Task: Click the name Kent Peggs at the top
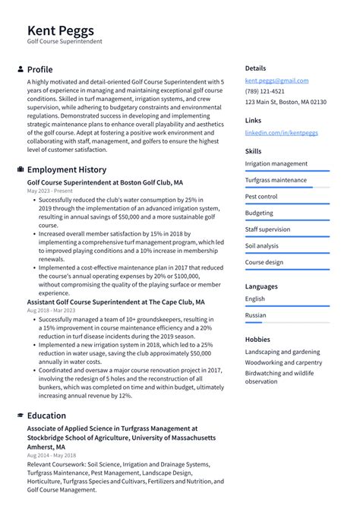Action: click(x=61, y=30)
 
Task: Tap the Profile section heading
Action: click(x=39, y=69)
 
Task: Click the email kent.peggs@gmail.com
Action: click(x=276, y=81)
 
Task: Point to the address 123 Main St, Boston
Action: click(x=286, y=102)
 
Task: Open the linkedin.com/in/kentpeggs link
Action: click(x=281, y=132)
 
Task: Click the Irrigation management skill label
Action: click(x=276, y=163)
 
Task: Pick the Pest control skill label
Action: click(x=261, y=197)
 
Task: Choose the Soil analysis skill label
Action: click(x=262, y=245)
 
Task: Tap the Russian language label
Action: click(x=256, y=315)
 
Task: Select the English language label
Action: click(x=255, y=299)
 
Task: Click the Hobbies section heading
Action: click(x=258, y=339)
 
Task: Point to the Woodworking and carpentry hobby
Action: click(x=283, y=362)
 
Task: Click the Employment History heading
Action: click(x=67, y=169)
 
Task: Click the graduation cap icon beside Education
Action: click(x=20, y=416)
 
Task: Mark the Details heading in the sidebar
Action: click(x=255, y=68)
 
